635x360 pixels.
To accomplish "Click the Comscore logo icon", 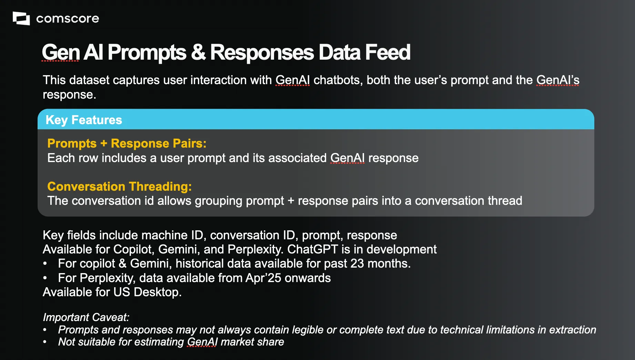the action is [21, 18].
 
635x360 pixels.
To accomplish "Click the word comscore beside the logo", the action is [68, 19].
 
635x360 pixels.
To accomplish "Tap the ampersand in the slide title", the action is [198, 52].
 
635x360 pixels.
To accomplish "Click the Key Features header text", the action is [84, 120].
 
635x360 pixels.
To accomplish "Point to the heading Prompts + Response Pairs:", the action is [127, 143].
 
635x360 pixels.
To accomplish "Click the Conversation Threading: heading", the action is [120, 187].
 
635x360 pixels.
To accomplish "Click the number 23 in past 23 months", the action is [357, 264].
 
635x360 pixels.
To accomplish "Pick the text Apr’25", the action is [263, 278].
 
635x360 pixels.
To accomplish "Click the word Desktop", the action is [158, 292].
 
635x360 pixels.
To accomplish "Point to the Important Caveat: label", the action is [86, 317].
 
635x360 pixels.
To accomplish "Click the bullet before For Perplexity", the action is [45, 278].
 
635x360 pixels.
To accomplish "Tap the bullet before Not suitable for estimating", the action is [45, 342].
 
